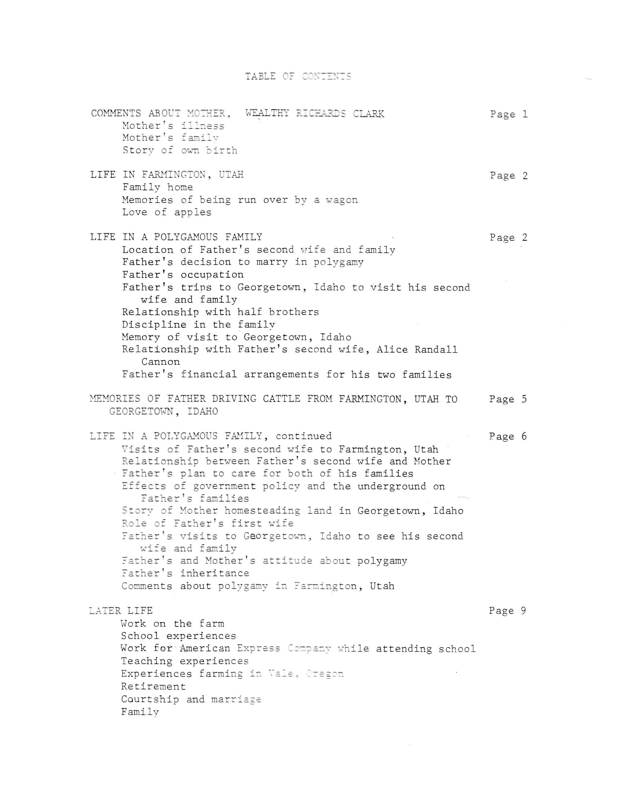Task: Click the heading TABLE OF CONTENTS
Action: (298, 76)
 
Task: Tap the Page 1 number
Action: (509, 114)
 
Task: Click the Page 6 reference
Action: (507, 436)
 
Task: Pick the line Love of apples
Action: (167, 212)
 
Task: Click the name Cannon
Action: (160, 362)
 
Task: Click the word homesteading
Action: (262, 511)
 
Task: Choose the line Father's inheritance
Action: (185, 573)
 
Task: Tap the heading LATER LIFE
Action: (121, 610)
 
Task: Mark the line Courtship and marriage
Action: (191, 699)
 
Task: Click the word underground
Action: (391, 486)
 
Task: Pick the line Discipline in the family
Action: (198, 324)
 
